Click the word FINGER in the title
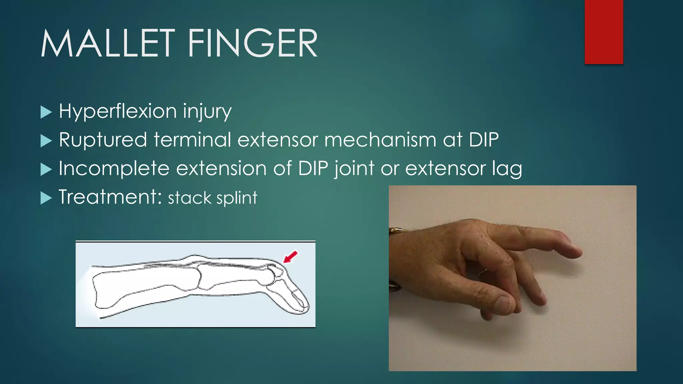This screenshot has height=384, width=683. point(252,43)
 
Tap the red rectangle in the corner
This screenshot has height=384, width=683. point(604,32)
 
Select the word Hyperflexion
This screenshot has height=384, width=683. point(117,111)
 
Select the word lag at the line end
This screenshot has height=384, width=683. point(507,169)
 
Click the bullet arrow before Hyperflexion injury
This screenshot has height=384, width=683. point(46,112)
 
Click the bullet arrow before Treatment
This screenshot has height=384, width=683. point(46,198)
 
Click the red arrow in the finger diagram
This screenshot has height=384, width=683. point(290,257)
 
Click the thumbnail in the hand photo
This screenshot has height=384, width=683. point(504,303)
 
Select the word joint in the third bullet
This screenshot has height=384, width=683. point(355,169)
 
